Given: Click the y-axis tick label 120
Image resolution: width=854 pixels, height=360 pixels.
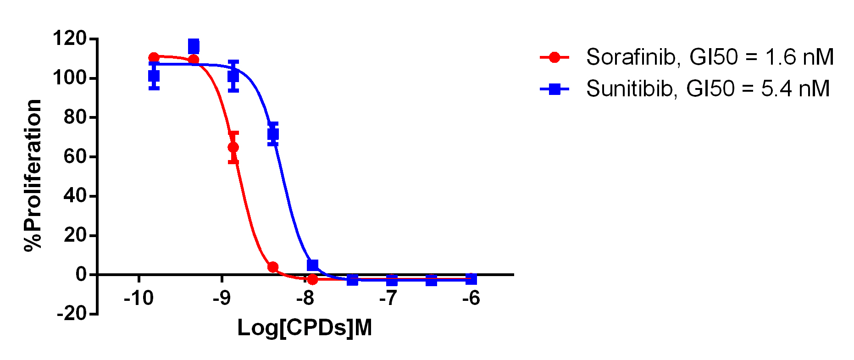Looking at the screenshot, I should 69,39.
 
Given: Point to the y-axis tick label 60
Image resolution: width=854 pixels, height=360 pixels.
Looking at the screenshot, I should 75,157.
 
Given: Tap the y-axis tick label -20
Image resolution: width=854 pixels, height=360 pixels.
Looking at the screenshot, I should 72,314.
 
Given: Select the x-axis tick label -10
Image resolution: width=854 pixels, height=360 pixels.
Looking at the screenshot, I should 139,299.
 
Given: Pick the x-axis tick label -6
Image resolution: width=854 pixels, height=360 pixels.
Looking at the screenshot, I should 471,299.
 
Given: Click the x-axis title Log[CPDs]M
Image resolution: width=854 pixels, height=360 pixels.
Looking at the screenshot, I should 305,328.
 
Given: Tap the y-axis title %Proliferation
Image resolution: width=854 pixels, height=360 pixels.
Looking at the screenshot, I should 33,175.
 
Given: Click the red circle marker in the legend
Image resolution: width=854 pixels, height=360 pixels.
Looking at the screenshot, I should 555,57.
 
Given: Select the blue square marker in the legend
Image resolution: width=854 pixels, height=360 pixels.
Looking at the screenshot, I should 555,89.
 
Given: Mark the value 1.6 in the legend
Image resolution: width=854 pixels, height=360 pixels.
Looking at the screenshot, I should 780,57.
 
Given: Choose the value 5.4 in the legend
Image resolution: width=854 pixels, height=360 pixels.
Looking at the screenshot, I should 776,89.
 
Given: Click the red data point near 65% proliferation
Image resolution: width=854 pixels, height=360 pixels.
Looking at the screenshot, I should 233,147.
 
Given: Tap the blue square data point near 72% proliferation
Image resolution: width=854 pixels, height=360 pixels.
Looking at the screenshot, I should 273,134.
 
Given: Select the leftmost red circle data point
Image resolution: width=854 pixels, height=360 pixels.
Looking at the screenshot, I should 154,57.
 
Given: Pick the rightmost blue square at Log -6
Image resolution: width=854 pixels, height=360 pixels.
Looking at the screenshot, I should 471,279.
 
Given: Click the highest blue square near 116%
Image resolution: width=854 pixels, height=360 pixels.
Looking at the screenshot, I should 194,46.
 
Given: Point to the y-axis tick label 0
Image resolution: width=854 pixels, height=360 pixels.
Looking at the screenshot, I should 81,275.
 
